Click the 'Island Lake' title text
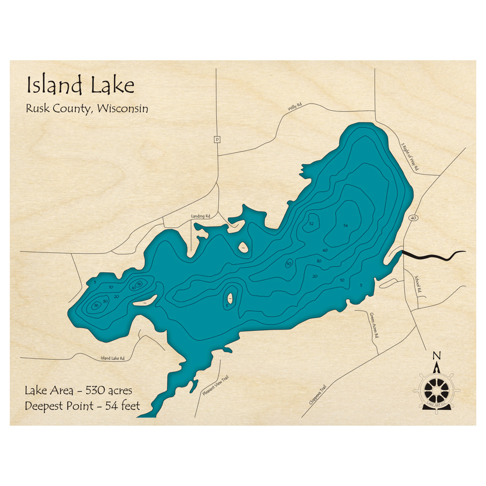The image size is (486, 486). (80, 86)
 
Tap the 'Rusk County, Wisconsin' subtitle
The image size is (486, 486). (87, 109)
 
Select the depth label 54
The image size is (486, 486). (346, 226)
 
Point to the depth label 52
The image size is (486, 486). (312, 224)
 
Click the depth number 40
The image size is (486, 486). (325, 250)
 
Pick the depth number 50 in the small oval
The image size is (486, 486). (289, 263)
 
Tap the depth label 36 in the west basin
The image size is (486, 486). (139, 284)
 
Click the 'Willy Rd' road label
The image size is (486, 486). (295, 107)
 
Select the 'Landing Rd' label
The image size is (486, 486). (200, 216)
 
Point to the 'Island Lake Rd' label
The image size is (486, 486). (113, 358)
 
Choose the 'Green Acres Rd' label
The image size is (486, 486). (373, 325)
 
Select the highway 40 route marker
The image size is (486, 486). (413, 218)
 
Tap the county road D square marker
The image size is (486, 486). (217, 139)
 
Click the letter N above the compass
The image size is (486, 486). (436, 355)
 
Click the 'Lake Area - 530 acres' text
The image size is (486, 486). (78, 390)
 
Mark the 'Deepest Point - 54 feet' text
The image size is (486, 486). (83, 406)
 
